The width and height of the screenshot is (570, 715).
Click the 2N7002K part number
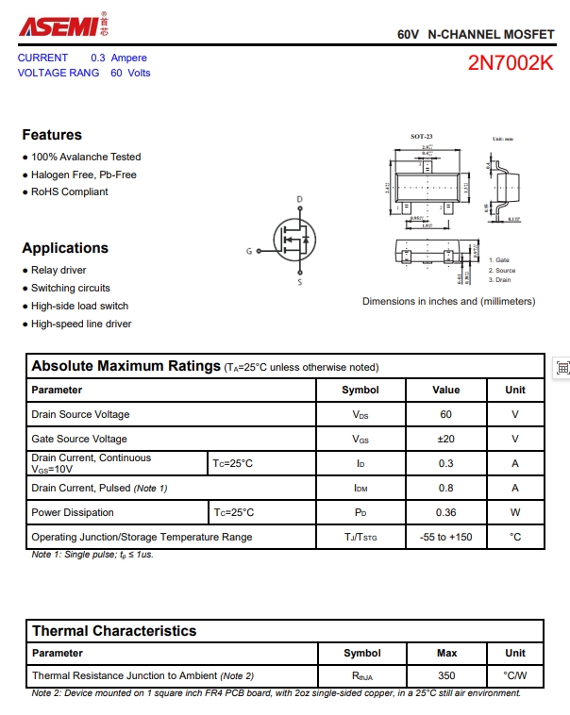coord(511,64)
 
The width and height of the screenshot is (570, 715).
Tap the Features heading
coord(52,135)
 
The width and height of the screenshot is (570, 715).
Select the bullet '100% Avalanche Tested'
coord(86,158)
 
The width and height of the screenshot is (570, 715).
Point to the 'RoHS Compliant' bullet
coord(69,191)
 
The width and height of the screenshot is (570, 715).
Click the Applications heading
coord(65,248)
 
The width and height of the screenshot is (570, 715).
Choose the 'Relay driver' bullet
coord(59,271)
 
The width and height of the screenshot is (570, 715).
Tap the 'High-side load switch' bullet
coord(79,307)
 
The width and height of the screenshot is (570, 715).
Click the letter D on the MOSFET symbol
coord(300,200)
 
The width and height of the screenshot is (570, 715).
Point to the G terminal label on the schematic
coord(249,251)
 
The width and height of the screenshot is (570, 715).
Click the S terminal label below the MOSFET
coord(300,282)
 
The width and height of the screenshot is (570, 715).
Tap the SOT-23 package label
coord(421,137)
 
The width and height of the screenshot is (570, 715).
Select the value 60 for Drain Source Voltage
coord(446,415)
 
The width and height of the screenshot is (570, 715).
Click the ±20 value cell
coord(446,440)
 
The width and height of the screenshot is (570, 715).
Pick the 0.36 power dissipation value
coord(446,513)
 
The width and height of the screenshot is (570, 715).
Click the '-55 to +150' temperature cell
coord(446,538)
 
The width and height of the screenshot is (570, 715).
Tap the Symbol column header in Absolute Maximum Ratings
coord(360,391)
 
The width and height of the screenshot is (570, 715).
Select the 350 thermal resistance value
coord(447,676)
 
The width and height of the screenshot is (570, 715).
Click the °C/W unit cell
coord(515,676)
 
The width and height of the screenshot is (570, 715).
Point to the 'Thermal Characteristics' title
coord(114,631)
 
